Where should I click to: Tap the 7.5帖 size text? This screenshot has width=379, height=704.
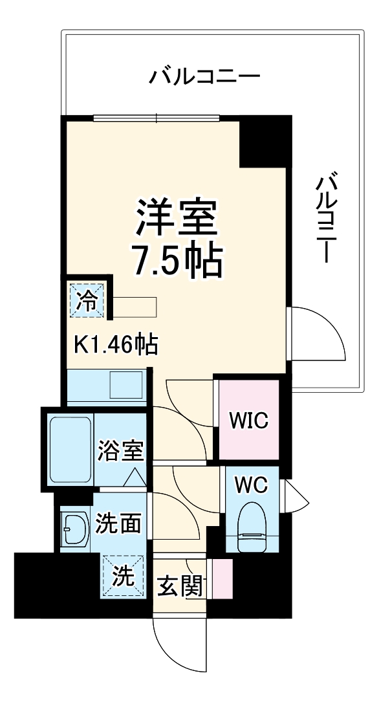click(177, 259)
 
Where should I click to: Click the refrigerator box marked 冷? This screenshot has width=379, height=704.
click(86, 299)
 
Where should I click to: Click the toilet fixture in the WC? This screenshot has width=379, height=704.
click(252, 529)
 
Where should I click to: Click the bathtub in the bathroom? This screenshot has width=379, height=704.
click(70, 449)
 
